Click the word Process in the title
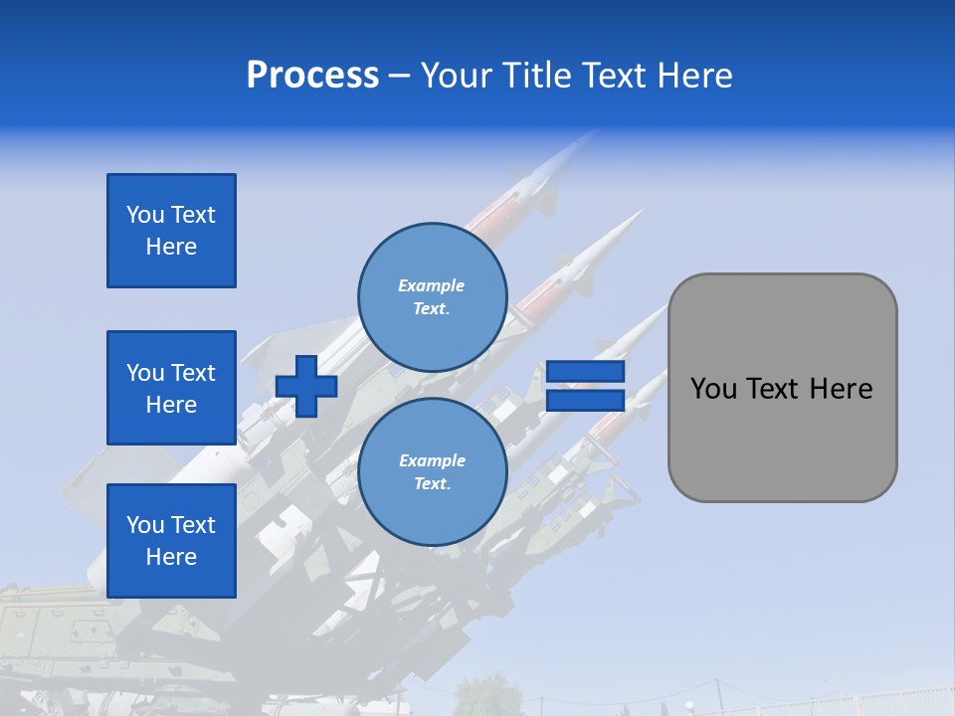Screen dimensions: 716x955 click(x=312, y=76)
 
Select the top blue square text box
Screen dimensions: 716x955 click(x=171, y=231)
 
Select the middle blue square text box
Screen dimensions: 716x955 click(x=171, y=388)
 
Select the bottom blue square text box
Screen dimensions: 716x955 click(x=171, y=541)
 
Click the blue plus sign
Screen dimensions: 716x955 click(x=306, y=386)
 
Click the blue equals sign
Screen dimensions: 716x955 click(x=585, y=386)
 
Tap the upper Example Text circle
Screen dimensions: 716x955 click(x=433, y=296)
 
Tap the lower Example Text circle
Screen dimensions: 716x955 click(x=433, y=472)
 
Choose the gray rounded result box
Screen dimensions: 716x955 click(x=782, y=388)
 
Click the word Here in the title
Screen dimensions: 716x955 click(x=695, y=76)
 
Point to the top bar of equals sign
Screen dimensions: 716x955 click(x=585, y=372)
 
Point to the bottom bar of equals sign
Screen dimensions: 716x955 click(x=585, y=401)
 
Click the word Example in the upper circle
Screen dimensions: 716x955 click(x=432, y=285)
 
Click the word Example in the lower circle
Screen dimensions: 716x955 click(x=432, y=460)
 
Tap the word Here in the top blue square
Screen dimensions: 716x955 click(x=171, y=247)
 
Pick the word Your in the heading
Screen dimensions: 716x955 click(x=455, y=76)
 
